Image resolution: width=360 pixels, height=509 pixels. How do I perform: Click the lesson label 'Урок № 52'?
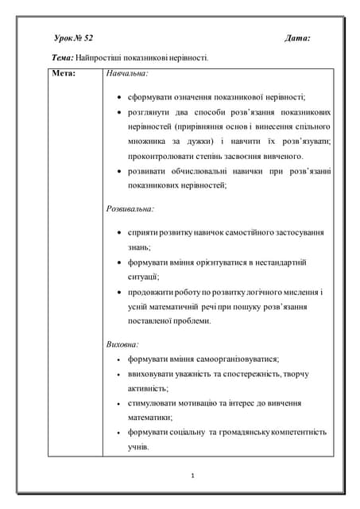click(74, 37)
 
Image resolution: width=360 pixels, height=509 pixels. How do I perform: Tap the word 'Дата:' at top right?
click(297, 37)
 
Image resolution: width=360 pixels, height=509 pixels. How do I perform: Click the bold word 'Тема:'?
click(63, 57)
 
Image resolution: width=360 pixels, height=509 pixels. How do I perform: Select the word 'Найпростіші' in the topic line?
click(102, 57)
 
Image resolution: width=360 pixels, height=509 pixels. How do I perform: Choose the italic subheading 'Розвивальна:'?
click(130, 208)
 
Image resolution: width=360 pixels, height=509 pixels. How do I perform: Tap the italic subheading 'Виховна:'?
click(122, 345)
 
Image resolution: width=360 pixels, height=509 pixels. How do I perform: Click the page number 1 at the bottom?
click(193, 476)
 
